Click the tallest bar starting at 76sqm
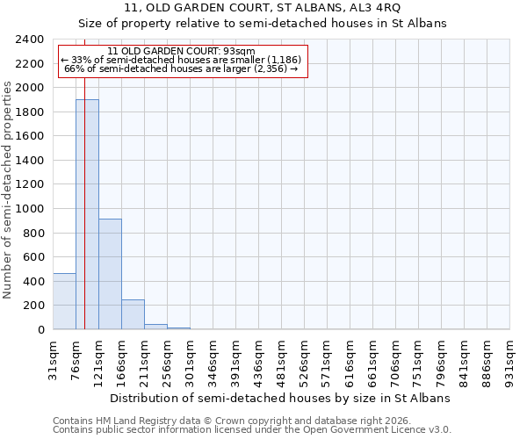pos(87,214)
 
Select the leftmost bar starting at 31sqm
pos(64,301)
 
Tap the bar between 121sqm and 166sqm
pos(110,274)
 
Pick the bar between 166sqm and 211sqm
pos(133,314)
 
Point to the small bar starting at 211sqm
pos(155,327)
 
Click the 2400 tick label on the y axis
pos(30,40)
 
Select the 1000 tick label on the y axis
pos(30,209)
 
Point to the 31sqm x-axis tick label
pos(54,358)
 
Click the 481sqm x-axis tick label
pos(282,358)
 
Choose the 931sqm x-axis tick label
pos(510,358)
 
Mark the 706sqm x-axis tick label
pos(396,358)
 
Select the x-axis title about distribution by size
pos(280,398)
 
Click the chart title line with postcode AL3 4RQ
pos(263,8)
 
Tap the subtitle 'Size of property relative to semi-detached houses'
pos(263,24)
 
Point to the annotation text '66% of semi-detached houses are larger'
pos(183,68)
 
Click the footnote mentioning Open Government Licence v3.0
pos(252,430)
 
